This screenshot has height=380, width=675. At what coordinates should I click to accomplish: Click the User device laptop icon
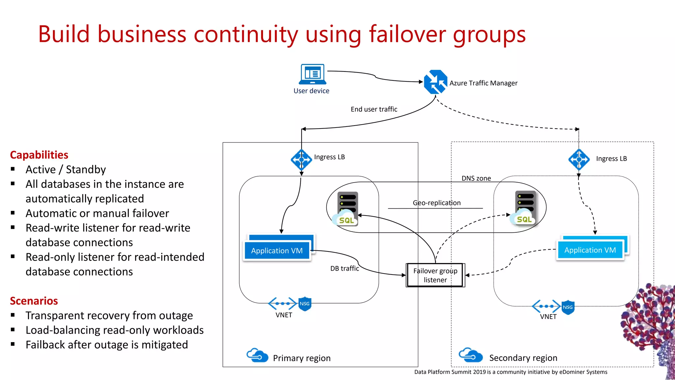click(312, 74)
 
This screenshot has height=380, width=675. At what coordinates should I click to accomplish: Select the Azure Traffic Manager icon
click(435, 82)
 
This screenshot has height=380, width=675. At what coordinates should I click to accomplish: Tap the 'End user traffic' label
click(374, 109)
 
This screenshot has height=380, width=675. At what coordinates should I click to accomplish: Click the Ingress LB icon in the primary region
click(301, 160)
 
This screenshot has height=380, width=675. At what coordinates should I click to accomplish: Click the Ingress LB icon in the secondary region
click(579, 160)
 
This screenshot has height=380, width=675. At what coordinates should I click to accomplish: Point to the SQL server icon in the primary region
click(347, 209)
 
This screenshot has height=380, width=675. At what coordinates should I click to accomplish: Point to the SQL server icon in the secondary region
click(524, 208)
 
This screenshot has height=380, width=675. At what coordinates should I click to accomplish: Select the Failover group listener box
click(435, 275)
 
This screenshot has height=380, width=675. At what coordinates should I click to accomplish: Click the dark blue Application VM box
click(277, 251)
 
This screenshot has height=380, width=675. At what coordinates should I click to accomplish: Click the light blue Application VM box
click(590, 250)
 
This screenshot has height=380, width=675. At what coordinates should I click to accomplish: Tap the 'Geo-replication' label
click(436, 203)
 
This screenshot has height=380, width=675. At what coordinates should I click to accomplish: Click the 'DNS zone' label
click(476, 178)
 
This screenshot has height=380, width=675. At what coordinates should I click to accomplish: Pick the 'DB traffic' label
click(344, 268)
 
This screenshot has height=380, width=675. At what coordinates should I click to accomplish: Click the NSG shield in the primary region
click(305, 304)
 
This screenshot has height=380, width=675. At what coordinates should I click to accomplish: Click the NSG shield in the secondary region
click(568, 307)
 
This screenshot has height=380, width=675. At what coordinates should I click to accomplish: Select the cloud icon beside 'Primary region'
click(257, 355)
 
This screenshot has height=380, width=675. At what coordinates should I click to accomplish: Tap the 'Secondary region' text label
click(523, 358)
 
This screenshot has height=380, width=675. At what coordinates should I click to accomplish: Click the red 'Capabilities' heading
click(39, 155)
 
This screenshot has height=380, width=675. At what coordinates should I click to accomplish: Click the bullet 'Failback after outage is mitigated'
click(106, 345)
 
